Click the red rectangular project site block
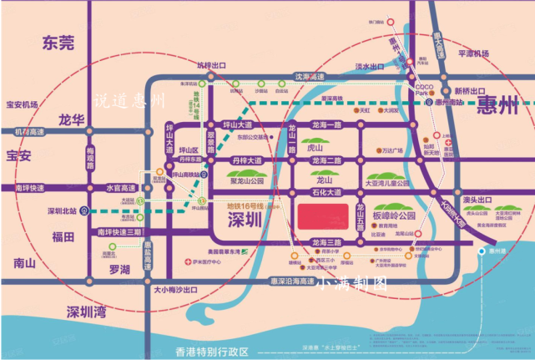[x=325, y=215]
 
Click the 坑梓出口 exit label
[x=188, y=63]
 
